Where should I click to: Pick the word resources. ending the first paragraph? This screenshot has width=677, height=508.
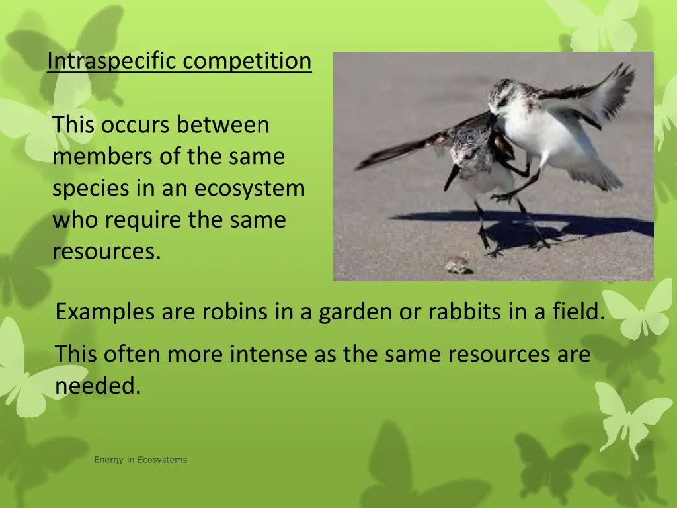[x=106, y=251]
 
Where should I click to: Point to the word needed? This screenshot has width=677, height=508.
[x=98, y=386]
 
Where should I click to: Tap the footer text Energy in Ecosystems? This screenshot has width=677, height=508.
[x=140, y=460]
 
